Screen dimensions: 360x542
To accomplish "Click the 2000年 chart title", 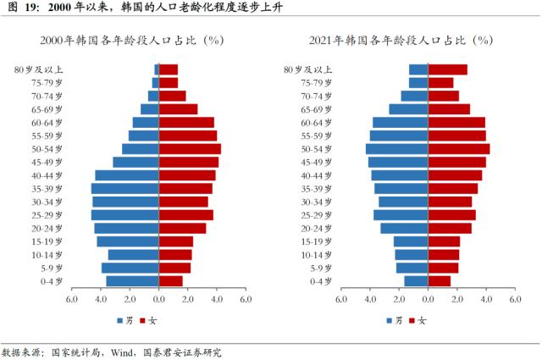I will click(x=134, y=40).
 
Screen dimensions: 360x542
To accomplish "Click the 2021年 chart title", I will click(x=403, y=40).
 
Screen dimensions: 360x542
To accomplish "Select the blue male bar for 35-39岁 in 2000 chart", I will click(x=124, y=188).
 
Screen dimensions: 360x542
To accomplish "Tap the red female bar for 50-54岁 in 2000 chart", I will click(x=190, y=148).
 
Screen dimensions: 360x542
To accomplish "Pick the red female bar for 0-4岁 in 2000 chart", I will click(x=170, y=280).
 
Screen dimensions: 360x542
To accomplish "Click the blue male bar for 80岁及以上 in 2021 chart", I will click(x=418, y=69).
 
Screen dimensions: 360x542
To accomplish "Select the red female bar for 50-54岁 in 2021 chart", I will click(x=459, y=148).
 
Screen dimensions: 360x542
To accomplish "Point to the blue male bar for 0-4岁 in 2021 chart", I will click(x=416, y=280).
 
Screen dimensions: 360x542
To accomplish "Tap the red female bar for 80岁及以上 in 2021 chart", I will click(x=448, y=69).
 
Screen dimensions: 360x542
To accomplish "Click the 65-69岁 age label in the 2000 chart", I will click(x=47, y=109).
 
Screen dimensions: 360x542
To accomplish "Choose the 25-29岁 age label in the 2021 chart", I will click(x=316, y=215).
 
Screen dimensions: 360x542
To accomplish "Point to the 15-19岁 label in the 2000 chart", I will click(x=47, y=241).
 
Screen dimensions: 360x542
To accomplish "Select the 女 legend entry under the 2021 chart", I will click(x=417, y=320).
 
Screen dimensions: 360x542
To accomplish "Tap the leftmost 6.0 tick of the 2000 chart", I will click(x=71, y=299).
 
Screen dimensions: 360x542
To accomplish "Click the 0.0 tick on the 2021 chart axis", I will click(x=428, y=299).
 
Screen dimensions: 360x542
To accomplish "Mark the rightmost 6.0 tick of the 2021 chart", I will click(x=514, y=299).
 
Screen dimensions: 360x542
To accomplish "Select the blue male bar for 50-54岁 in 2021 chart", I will click(x=396, y=148).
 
